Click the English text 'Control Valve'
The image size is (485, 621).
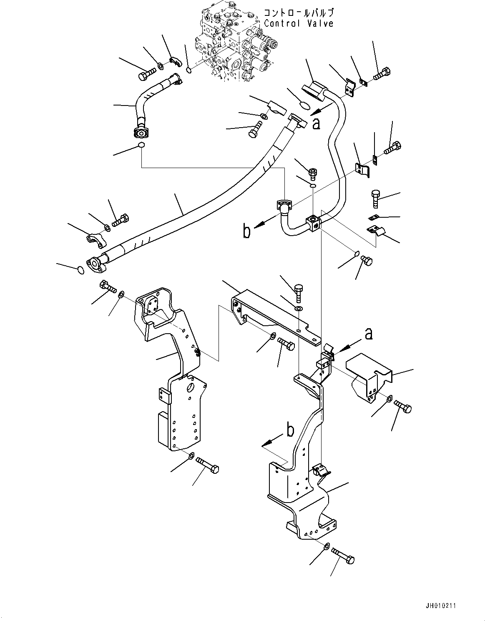[x=299, y=23]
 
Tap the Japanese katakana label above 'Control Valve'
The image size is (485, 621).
[x=299, y=13]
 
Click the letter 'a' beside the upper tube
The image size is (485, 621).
[x=317, y=123]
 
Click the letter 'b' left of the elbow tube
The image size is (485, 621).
[x=247, y=231]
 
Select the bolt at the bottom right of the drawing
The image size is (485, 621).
[x=344, y=556]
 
